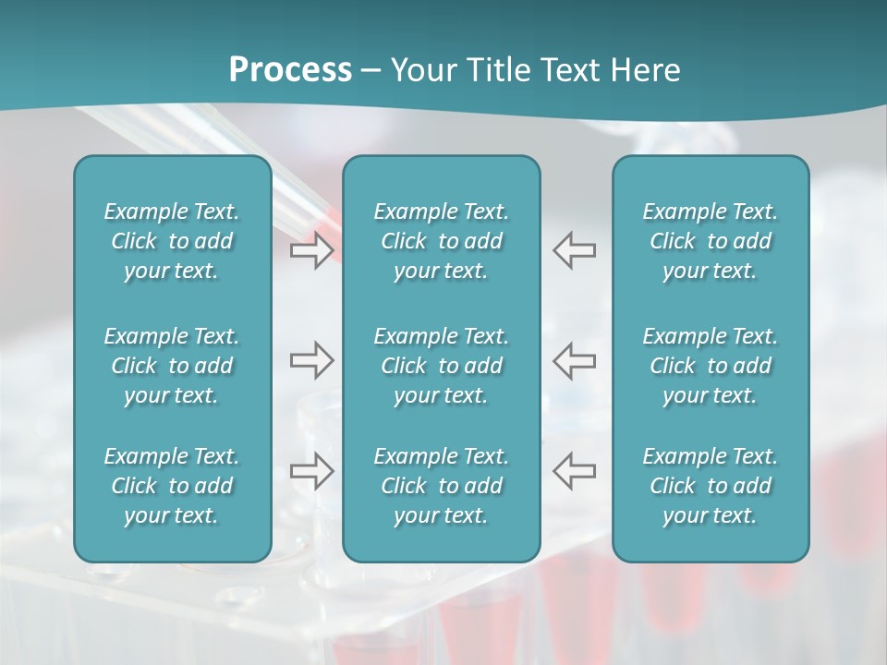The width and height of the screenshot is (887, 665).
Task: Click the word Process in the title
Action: pos(290,70)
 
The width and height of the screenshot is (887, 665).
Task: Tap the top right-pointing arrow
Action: pos(311,250)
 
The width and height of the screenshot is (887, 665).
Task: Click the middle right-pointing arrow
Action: pos(311,360)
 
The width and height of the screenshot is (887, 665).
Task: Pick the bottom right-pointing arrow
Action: pos(311,470)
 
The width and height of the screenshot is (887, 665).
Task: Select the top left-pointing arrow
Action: pos(574,250)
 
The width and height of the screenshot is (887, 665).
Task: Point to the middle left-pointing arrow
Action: pos(574,360)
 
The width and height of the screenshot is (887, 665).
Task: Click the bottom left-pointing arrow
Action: pos(574,470)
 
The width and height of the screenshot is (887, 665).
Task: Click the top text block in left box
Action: pos(172,241)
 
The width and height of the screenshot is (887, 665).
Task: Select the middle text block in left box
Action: pos(172,366)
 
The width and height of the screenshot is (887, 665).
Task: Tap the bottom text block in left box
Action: pos(172,486)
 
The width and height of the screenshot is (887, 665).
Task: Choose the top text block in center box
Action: pos(441,241)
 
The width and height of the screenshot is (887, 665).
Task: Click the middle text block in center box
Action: pos(441,366)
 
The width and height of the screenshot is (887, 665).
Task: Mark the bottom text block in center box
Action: pos(441,486)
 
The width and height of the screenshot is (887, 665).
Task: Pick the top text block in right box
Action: pos(710,241)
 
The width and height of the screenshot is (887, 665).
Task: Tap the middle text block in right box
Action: pos(710,366)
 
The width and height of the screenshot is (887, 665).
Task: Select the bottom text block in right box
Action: pos(710,486)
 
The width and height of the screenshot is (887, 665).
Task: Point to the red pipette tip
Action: pos(326,216)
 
